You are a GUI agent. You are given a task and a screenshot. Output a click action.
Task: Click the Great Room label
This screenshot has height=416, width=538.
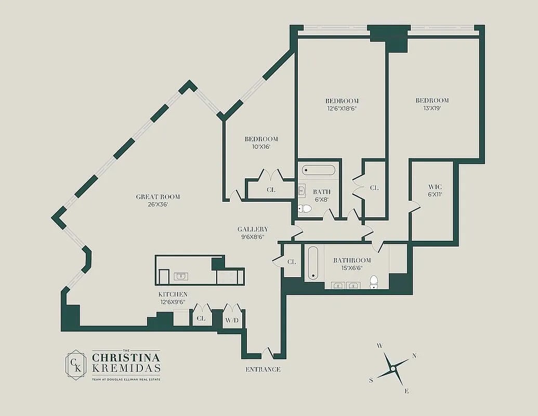(x=158, y=197)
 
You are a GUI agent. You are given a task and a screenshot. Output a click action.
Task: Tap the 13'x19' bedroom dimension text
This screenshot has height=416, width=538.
(x=432, y=108)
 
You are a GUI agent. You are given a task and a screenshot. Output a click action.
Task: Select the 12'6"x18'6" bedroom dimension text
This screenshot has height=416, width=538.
(x=342, y=109)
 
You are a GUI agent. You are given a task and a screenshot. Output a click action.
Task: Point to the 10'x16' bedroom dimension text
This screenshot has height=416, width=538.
(x=261, y=147)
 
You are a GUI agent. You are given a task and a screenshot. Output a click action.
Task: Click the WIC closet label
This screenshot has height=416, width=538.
(x=435, y=187)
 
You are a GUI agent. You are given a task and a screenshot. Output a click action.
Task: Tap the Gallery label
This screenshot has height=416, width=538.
(x=253, y=229)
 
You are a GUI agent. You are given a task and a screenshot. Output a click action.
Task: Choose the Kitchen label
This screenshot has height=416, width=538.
(x=173, y=294)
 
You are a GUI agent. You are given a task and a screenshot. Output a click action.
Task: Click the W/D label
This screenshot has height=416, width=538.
(x=232, y=320)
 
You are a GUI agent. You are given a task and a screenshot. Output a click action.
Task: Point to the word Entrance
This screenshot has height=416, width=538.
(x=263, y=369)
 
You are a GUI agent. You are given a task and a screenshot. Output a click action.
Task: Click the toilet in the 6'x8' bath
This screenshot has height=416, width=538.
(x=305, y=209)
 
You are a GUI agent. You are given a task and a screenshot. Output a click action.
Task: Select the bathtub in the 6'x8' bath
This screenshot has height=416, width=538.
(x=319, y=170)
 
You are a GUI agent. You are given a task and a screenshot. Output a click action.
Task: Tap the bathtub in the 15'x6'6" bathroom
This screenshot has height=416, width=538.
(x=313, y=263)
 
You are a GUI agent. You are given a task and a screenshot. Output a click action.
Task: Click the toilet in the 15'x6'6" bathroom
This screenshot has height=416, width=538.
(x=374, y=282)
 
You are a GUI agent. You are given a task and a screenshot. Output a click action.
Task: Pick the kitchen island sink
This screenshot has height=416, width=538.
(x=181, y=276)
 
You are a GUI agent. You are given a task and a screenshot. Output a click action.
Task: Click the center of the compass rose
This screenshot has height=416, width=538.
(x=393, y=369)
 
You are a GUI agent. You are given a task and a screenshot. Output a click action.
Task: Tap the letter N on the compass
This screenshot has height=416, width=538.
(x=414, y=356)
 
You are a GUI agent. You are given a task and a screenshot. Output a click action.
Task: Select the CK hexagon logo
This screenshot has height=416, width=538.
(x=76, y=365)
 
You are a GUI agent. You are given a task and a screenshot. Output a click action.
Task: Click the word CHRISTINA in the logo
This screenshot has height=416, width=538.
(x=126, y=358)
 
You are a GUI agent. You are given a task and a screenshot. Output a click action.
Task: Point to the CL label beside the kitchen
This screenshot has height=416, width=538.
(x=201, y=318)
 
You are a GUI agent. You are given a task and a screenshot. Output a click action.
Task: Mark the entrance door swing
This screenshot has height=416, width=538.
(x=268, y=353)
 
